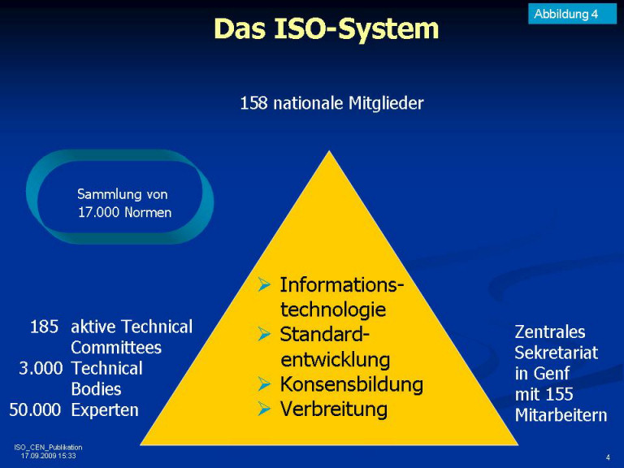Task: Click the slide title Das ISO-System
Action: click(327, 28)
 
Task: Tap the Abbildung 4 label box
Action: click(572, 14)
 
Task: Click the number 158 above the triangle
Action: click(253, 103)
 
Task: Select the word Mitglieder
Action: click(386, 103)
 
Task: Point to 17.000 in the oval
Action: click(98, 212)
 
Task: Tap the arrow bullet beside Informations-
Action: click(264, 284)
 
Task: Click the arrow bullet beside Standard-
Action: click(264, 334)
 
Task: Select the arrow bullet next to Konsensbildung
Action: click(264, 384)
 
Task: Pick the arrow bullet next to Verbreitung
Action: click(264, 409)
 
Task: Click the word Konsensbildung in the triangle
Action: click(351, 384)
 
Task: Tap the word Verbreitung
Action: click(333, 409)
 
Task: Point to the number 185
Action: click(44, 327)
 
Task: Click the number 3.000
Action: click(41, 368)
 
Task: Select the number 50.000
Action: click(35, 409)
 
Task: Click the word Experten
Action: click(105, 410)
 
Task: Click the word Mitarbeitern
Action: click(561, 415)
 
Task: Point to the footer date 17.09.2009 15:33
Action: click(48, 456)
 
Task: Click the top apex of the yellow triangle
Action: click(330, 151)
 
